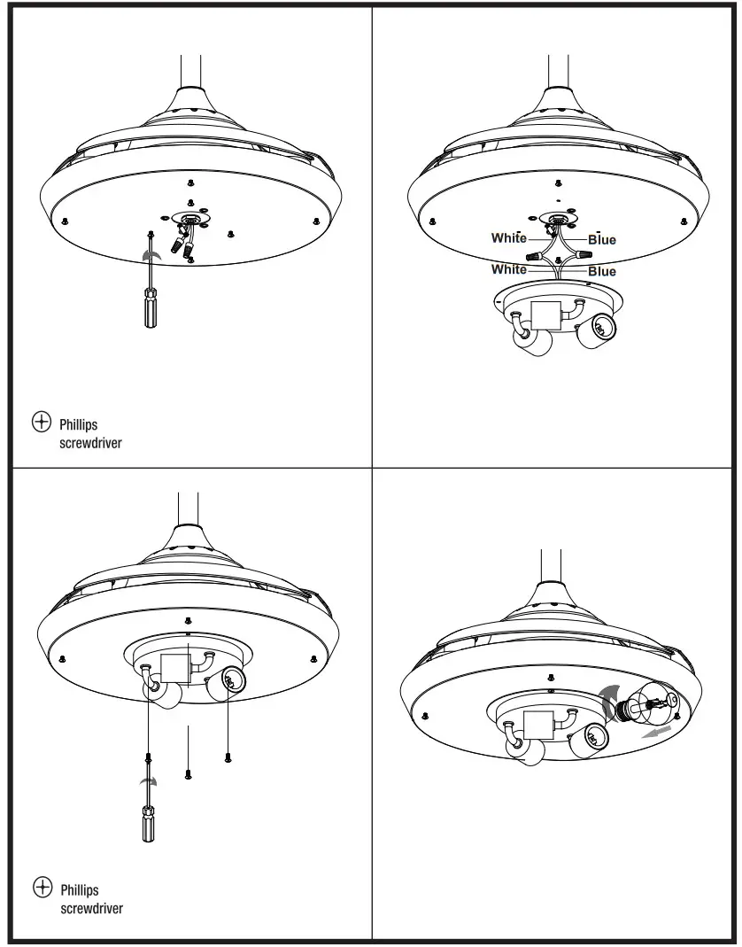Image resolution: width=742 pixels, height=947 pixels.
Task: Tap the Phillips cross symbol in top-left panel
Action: pos(41,423)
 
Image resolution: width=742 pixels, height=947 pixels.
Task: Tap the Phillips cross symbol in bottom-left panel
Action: pos(42,887)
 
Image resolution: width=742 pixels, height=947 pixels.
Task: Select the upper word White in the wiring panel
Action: pos(509,237)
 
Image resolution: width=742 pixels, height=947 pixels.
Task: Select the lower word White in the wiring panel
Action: pos(508,268)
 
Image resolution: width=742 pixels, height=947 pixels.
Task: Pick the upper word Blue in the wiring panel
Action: pos(602,239)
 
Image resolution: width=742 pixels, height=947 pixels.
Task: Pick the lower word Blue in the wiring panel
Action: pos(602,271)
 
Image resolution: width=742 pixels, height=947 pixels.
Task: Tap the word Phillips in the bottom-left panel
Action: pos(80,889)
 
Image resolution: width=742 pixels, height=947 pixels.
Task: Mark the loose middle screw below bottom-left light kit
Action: pos(189,773)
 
